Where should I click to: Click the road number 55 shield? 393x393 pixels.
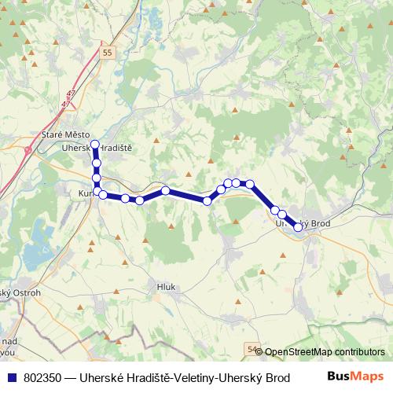click(x=108, y=52)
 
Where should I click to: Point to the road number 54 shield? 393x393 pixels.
click(x=252, y=348)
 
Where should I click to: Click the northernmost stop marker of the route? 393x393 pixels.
click(x=95, y=144)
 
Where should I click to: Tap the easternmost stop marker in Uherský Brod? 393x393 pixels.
click(x=298, y=228)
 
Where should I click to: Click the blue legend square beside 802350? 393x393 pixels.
click(x=12, y=377)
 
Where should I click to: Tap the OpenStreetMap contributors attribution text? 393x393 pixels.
click(x=325, y=352)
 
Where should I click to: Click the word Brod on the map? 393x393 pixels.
click(x=316, y=223)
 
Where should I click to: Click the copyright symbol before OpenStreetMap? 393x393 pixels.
click(x=259, y=352)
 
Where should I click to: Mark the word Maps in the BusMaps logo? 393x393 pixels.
click(x=369, y=376)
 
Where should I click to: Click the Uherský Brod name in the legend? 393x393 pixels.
click(x=252, y=377)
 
